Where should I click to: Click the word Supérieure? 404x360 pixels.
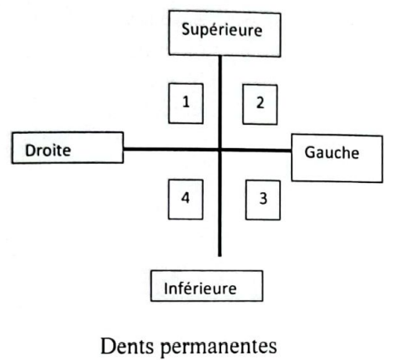(222, 30)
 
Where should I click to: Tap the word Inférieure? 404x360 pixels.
(200, 288)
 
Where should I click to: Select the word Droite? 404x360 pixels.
(48, 150)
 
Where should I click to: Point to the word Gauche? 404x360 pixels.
(332, 152)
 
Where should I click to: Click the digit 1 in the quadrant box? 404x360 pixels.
(186, 101)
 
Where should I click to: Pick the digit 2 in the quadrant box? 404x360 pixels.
(260, 102)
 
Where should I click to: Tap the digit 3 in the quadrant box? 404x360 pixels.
(264, 199)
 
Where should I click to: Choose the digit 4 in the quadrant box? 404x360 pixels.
(185, 198)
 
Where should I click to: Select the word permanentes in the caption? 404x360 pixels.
(219, 347)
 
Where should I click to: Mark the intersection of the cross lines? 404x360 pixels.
(220, 150)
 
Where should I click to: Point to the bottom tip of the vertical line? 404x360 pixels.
(219, 256)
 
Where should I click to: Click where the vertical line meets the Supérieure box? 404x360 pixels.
(220, 56)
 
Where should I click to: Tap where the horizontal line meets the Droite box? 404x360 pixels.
(124, 150)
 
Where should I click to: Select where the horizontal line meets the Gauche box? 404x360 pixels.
(291, 150)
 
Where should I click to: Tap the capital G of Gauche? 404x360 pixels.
(310, 152)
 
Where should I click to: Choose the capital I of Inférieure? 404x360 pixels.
(165, 288)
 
